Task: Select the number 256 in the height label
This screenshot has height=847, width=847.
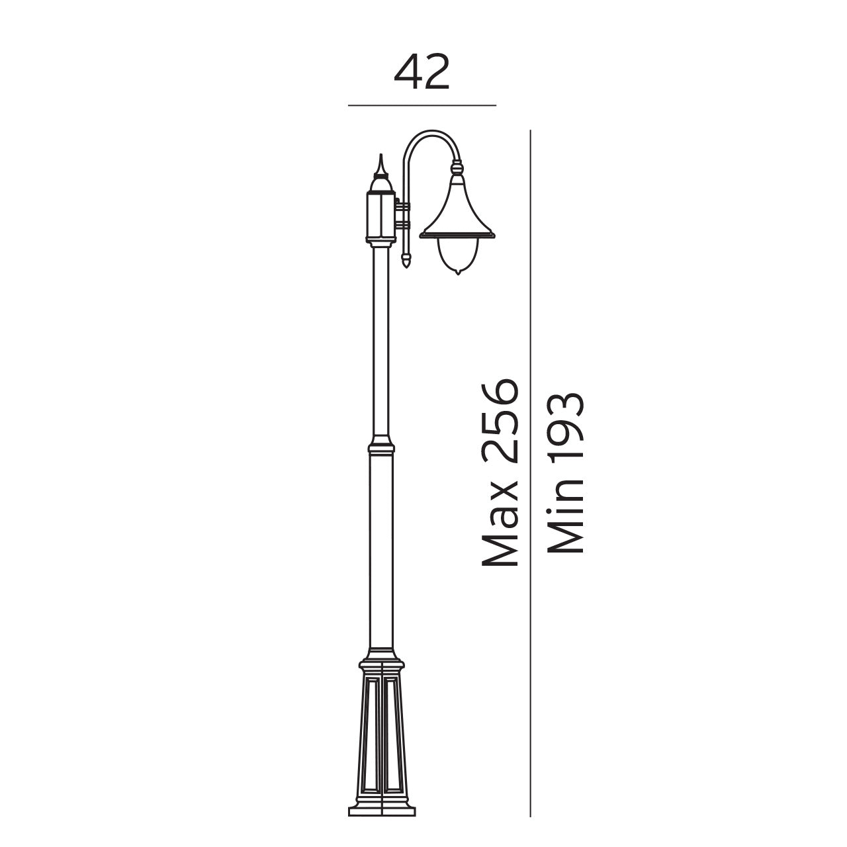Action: (x=500, y=420)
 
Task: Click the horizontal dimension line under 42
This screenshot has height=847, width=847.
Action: (x=422, y=105)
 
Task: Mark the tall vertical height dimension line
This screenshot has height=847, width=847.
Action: (x=531, y=463)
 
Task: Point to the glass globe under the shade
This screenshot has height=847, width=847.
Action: (x=456, y=255)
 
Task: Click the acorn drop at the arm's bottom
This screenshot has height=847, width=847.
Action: (x=406, y=260)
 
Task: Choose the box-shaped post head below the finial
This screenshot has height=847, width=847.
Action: (x=380, y=215)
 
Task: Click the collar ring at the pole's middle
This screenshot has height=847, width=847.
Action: (x=380, y=444)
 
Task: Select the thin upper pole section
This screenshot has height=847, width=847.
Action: (x=380, y=344)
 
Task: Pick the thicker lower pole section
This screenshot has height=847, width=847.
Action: (x=380, y=549)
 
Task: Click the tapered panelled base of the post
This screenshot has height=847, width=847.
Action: (x=380, y=728)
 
